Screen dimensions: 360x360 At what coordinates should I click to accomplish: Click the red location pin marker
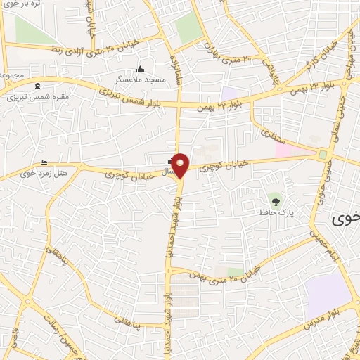tap(181, 165)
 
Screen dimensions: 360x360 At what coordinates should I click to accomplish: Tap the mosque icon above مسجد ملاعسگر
tap(140, 70)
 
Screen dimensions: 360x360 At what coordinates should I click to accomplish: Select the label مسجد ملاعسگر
tap(146, 80)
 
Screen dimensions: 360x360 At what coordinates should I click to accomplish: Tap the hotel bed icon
tap(44, 163)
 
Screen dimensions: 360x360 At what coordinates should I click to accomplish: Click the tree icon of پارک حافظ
tap(275, 202)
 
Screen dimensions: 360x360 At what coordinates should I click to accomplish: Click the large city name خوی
tap(347, 218)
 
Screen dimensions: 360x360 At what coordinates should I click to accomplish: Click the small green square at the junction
tap(323, 154)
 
